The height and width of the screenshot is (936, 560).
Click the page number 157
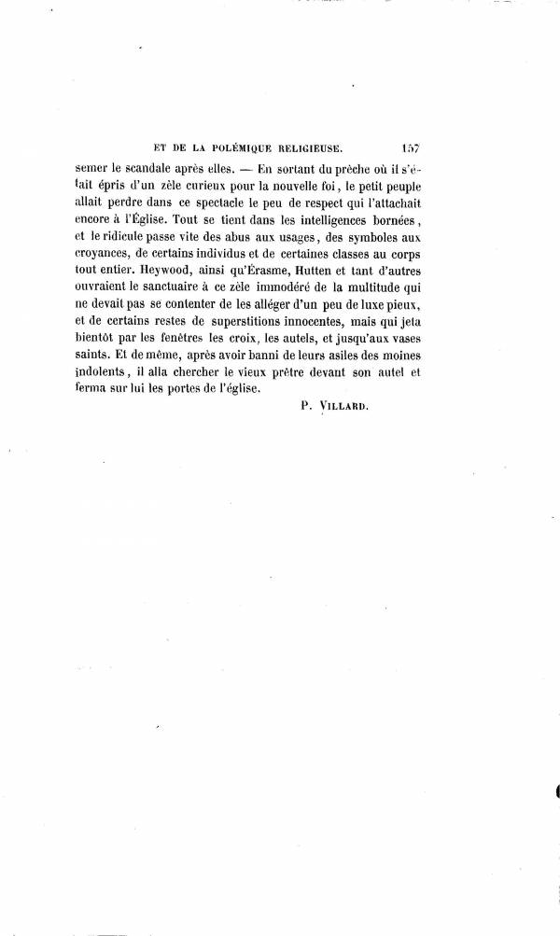[412, 147]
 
